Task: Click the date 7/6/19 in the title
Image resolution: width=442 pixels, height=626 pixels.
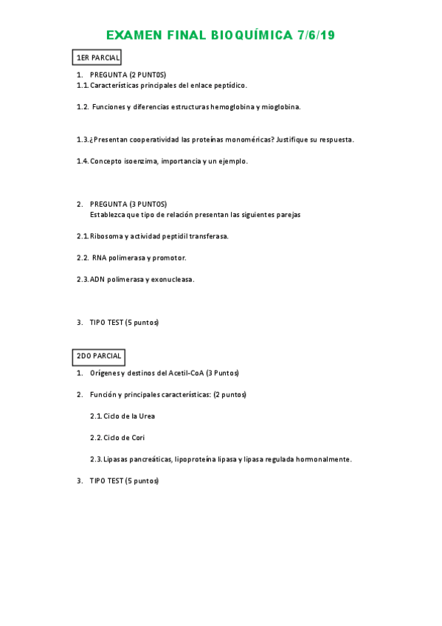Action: [317, 36]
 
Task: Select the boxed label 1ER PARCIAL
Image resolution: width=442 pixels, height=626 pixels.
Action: [97, 58]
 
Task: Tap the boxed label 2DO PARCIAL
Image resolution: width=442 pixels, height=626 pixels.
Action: [98, 356]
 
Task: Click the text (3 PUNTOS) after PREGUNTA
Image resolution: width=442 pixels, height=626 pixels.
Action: [148, 204]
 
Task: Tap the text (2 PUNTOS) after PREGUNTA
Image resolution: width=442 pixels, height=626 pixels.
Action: [148, 75]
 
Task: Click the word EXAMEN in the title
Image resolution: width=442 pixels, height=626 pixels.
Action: [133, 36]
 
